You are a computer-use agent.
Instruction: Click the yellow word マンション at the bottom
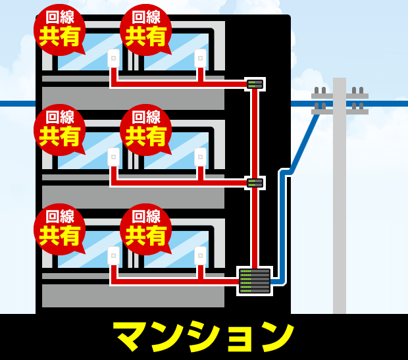pos(203,336)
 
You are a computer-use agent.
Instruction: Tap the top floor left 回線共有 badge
pos(59,29)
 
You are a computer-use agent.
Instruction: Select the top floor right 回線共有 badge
pos(145,29)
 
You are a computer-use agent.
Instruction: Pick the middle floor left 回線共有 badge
pos(59,129)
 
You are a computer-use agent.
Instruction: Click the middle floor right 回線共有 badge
pos(145,129)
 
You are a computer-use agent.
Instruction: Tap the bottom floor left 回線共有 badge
pos(59,228)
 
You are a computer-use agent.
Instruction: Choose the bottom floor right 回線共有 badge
pos(145,228)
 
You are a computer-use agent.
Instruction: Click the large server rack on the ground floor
pos(255,281)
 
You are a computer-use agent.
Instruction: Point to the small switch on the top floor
pos(255,84)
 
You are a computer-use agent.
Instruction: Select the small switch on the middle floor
pos(255,183)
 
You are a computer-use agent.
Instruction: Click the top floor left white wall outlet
pos(114,58)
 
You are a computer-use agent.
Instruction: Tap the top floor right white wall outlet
pos(200,58)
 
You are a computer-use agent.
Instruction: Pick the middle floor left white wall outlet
pos(114,157)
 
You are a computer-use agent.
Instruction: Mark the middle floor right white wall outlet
pos(200,157)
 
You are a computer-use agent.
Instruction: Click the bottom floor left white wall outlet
pos(114,256)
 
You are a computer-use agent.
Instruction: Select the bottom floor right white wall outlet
pos(200,256)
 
